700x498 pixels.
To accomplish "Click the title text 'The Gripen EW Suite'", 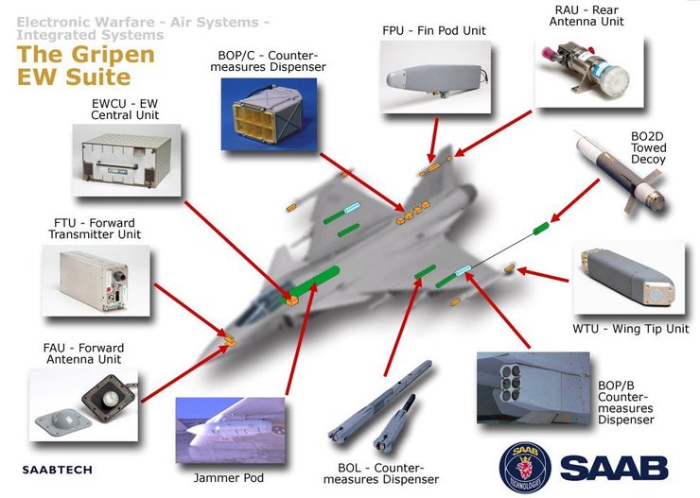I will pyautogui.click(x=85, y=64).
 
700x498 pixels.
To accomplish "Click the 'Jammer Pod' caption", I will pyautogui.click(x=231, y=478).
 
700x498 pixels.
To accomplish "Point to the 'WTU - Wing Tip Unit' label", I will pyautogui.click(x=629, y=329).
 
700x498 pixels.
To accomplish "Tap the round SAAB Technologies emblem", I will pyautogui.click(x=525, y=466).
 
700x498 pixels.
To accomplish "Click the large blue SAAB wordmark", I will pyautogui.click(x=614, y=467).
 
